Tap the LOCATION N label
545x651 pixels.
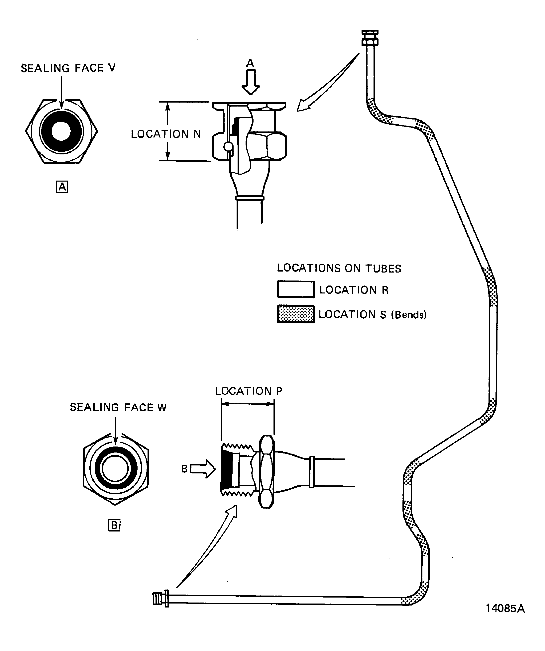coord(166,134)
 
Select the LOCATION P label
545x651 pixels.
coord(249,391)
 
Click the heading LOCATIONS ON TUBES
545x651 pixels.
coord(339,268)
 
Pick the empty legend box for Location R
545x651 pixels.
coord(296,289)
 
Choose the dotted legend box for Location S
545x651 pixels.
coord(296,314)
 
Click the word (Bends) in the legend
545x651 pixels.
coord(409,315)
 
